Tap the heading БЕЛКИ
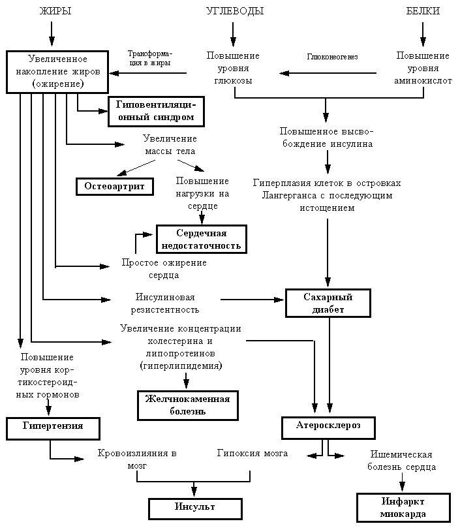click(423, 11)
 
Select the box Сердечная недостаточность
click(201, 240)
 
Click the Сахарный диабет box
click(328, 303)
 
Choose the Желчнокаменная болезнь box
click(187, 405)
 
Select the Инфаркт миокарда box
click(403, 507)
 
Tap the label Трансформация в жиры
click(149, 57)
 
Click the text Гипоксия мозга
click(253, 453)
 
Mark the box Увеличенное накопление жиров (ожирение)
click(57, 71)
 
